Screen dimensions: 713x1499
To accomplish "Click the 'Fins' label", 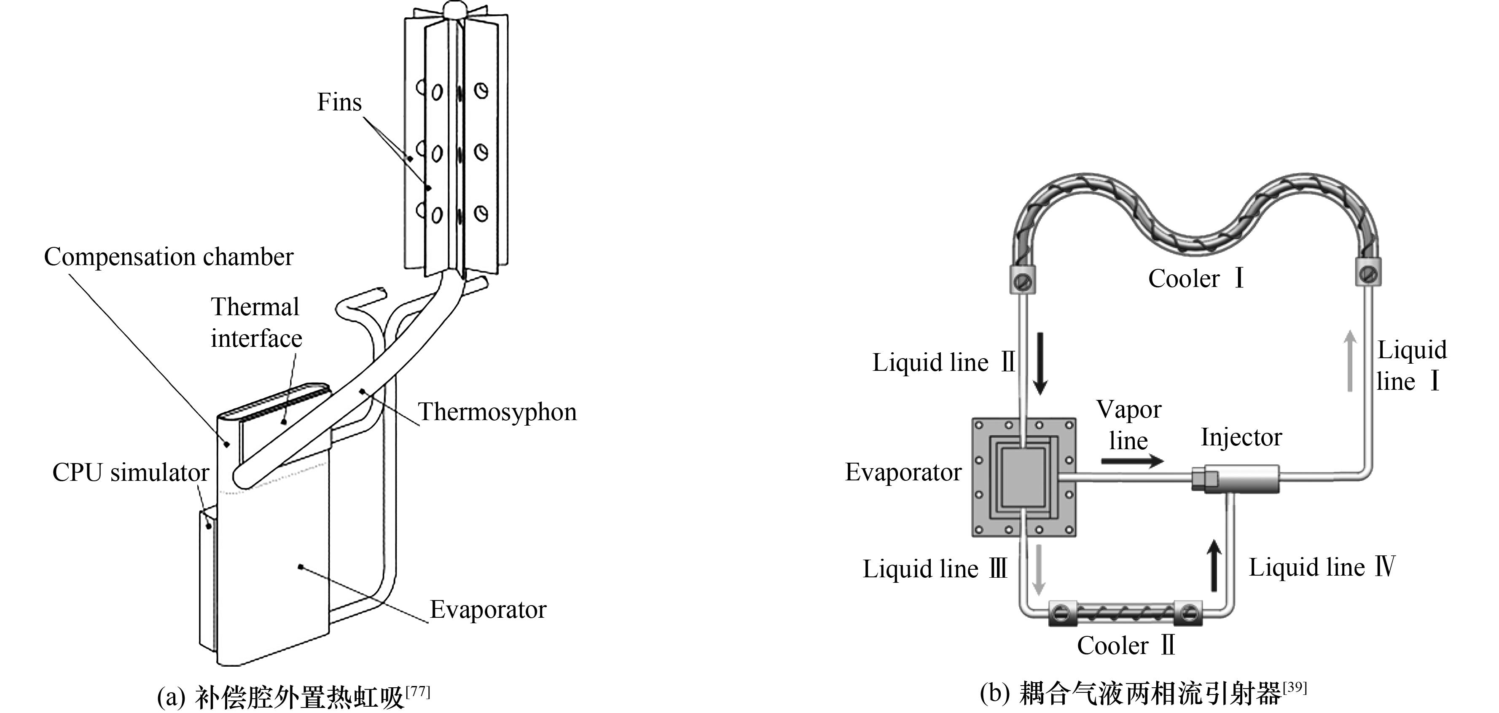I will point(339,102).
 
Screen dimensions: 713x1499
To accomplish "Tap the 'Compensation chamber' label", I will point(169,257).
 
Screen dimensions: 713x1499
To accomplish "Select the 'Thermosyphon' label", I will point(497,412).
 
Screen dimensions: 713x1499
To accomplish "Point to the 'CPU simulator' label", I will point(130,473).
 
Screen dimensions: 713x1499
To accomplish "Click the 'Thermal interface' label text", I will point(256,323).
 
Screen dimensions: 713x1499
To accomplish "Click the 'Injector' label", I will point(1241,437).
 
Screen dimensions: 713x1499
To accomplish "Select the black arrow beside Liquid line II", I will point(1040,364).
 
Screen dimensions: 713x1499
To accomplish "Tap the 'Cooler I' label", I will point(1196,279).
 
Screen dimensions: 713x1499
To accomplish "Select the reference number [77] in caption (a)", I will point(417,692).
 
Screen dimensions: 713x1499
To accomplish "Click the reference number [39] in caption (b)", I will point(1294,688).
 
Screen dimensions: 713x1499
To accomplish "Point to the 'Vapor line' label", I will point(1128,425).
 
